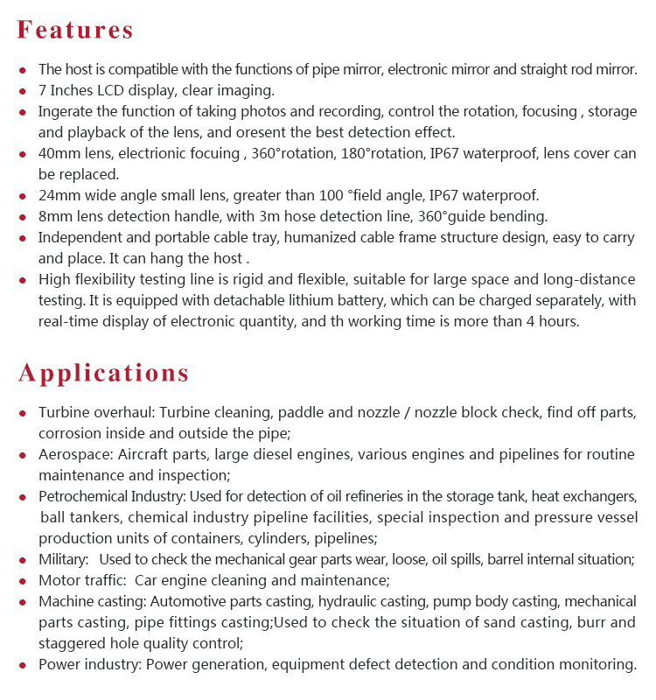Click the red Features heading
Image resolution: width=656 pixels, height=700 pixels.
point(76,30)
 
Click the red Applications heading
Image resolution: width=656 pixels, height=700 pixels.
point(104,373)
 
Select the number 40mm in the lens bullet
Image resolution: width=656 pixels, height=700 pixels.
point(59,154)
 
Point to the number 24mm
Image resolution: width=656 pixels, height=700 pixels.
point(59,196)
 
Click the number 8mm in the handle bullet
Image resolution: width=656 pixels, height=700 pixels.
point(54,217)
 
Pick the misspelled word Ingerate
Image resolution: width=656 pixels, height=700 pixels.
point(67,112)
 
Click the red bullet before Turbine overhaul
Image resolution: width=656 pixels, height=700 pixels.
point(23,412)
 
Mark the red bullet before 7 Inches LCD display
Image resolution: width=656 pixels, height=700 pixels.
point(23,90)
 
